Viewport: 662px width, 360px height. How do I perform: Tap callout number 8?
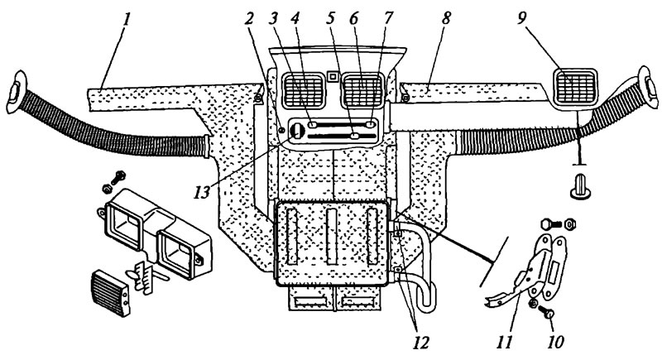click(446, 18)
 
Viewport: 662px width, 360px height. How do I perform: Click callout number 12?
click(420, 342)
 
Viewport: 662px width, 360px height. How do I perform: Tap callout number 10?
click(555, 342)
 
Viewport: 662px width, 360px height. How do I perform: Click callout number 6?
click(353, 18)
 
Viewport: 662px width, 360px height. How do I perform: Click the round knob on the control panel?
click(296, 132)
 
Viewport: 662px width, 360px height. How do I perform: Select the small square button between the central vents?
click(333, 76)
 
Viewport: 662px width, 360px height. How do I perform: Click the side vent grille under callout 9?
click(575, 87)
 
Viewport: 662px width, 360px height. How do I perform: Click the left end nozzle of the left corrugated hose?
click(16, 92)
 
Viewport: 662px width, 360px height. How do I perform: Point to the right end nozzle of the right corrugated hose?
click(648, 88)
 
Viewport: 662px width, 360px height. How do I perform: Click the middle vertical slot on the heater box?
click(332, 237)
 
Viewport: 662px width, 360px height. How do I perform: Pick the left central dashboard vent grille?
click(303, 91)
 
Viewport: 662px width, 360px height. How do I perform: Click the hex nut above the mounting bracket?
click(568, 223)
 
